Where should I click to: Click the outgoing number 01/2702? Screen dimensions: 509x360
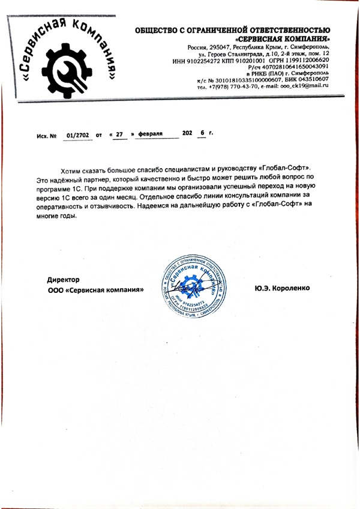pyautogui.click(x=79, y=136)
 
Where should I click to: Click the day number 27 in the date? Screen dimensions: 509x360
pyautogui.click(x=119, y=136)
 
